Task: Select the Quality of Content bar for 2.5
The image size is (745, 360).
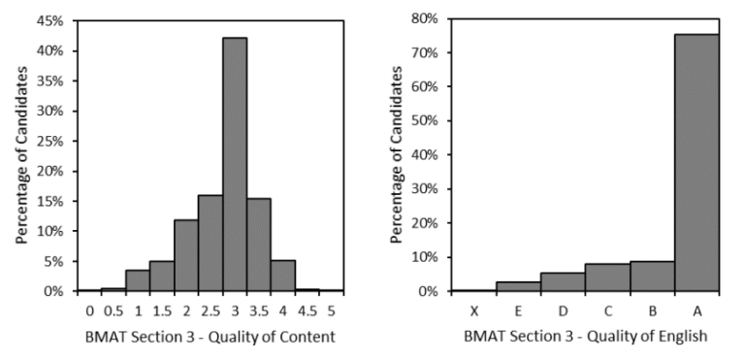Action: [x=211, y=243]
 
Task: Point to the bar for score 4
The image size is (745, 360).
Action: [x=283, y=275]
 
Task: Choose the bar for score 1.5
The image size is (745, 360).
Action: [x=162, y=276]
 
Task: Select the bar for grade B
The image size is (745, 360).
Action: [x=652, y=277]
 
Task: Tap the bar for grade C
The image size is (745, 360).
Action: [x=607, y=278]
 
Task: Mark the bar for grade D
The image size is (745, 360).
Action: [x=563, y=281]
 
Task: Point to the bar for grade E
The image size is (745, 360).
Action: [x=518, y=286]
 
